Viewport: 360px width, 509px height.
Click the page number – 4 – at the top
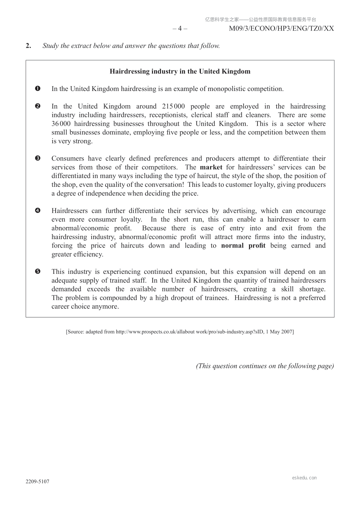coord(180,29)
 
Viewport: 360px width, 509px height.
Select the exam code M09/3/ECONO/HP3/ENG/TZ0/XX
coord(281,29)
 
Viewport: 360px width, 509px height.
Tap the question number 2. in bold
coord(28,46)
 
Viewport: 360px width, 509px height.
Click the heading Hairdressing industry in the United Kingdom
coord(180,72)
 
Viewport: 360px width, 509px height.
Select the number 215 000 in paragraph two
coord(173,106)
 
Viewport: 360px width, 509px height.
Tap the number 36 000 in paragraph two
coord(61,124)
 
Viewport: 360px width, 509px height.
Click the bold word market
coord(211,167)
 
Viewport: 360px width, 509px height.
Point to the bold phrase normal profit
coord(243,246)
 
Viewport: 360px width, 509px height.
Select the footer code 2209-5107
coord(37,482)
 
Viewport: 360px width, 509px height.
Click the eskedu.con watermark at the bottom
coord(304,478)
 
